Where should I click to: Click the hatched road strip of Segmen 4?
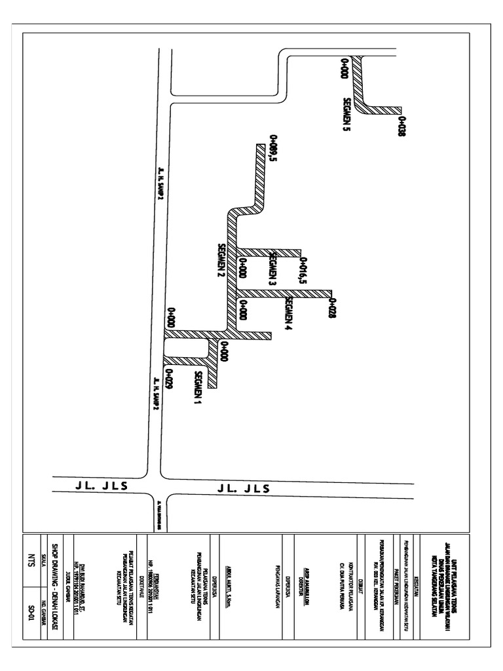click(285, 292)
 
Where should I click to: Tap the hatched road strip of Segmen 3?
click(269, 252)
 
